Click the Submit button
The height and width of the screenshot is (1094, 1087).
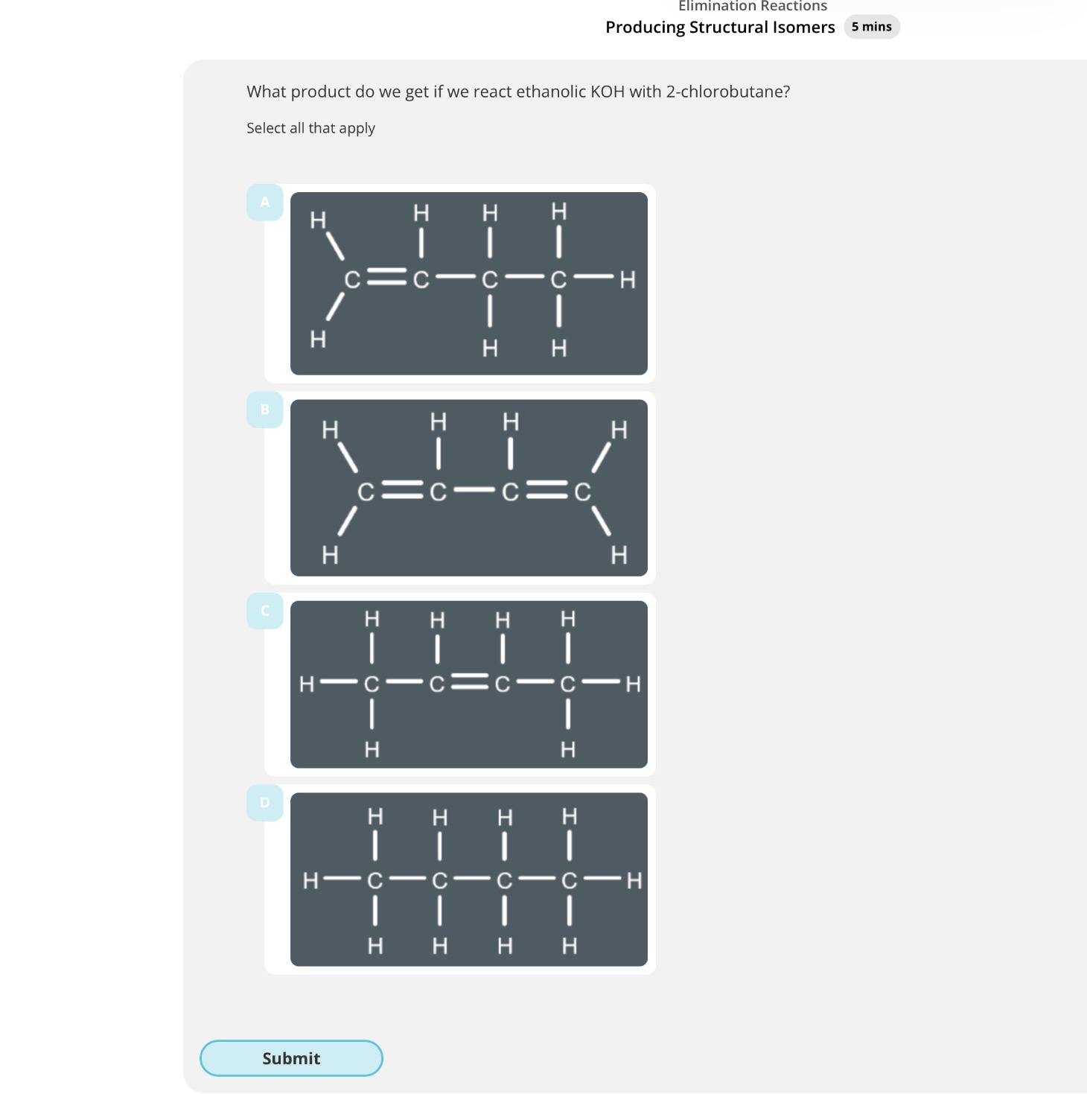pyautogui.click(x=291, y=1058)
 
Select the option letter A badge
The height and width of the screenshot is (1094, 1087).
pyautogui.click(x=264, y=202)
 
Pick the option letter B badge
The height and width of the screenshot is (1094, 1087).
pyautogui.click(x=264, y=410)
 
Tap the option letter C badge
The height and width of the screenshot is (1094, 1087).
pyautogui.click(x=264, y=611)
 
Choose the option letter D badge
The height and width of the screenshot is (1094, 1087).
pyautogui.click(x=264, y=803)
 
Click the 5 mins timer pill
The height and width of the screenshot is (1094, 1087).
pyautogui.click(x=871, y=27)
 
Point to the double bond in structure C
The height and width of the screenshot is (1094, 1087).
pyautogui.click(x=469, y=682)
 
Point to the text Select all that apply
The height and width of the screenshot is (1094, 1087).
pyautogui.click(x=310, y=128)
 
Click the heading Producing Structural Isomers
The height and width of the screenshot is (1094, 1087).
pyautogui.click(x=719, y=28)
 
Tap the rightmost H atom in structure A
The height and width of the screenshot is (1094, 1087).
pyautogui.click(x=628, y=280)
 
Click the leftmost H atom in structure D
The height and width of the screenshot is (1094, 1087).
pyautogui.click(x=310, y=881)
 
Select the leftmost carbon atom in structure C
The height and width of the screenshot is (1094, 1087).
pyautogui.click(x=372, y=684)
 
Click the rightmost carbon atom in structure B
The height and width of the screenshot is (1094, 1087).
pyautogui.click(x=582, y=492)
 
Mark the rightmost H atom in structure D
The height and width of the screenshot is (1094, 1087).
pyautogui.click(x=634, y=881)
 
